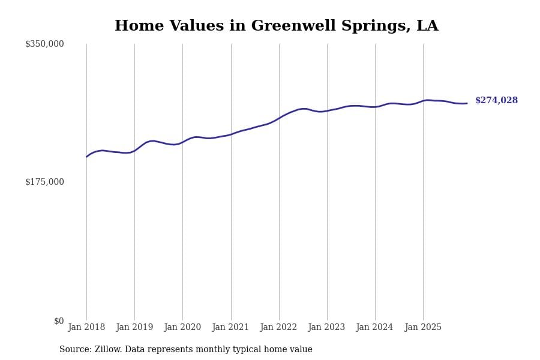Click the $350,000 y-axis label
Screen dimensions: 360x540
coord(44,44)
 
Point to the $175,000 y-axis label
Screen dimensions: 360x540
coord(44,182)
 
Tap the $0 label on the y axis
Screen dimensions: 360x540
coord(59,321)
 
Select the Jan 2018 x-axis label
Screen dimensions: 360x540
coord(86,328)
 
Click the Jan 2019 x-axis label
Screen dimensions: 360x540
coord(134,328)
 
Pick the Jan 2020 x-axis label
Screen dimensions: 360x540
coord(182,328)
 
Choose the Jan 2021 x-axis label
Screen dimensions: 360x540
coord(230,328)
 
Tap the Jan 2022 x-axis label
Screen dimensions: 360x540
coord(278,328)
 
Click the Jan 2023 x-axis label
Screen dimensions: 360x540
coord(326,328)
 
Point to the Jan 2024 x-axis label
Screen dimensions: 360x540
coord(374,328)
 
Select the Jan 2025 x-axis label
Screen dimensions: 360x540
coord(423,328)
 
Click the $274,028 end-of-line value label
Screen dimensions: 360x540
coord(496,101)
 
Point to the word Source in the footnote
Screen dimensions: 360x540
coord(75,350)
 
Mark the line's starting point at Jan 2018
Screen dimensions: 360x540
coord(86,157)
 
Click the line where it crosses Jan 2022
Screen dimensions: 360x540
coord(279,118)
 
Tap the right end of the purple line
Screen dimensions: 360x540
coord(467,103)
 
